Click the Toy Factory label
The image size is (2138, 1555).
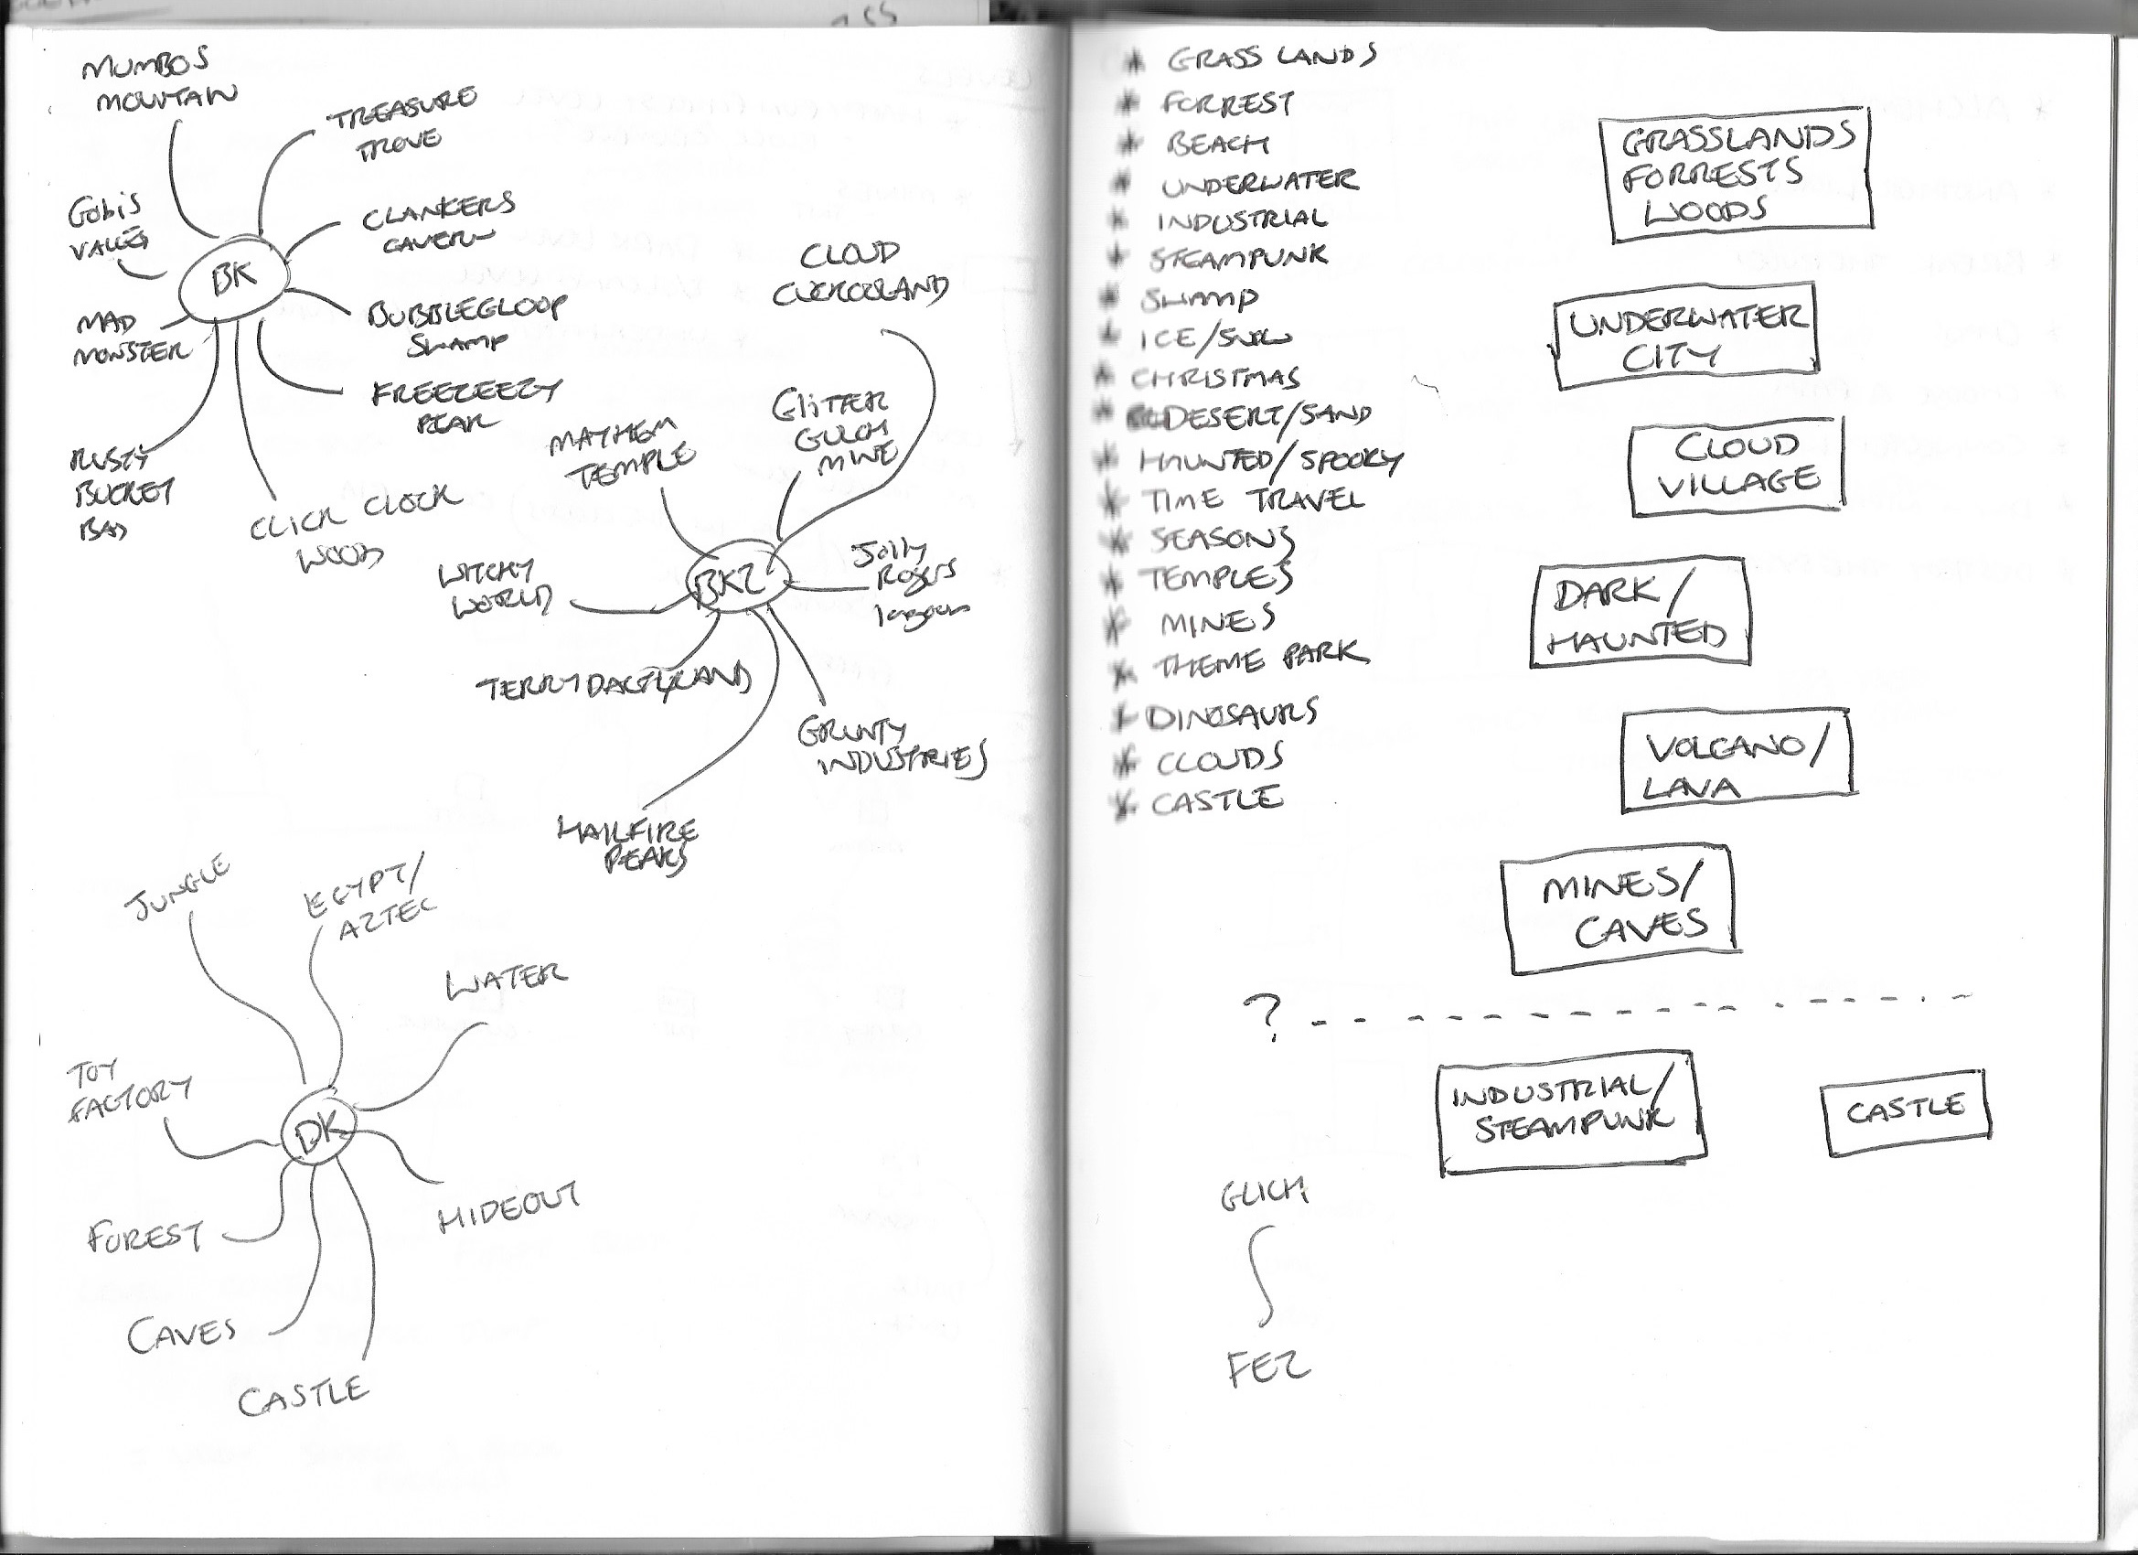click(x=127, y=1093)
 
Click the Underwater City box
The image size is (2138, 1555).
click(x=1684, y=337)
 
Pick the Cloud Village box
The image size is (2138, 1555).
click(x=1736, y=466)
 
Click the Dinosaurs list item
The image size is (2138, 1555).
click(x=1230, y=714)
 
